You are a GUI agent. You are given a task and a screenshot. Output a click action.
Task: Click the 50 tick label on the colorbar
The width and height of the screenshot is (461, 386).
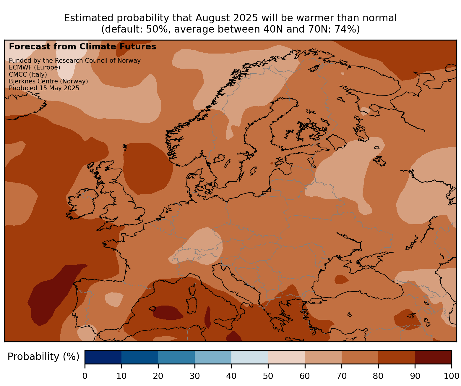[268, 376]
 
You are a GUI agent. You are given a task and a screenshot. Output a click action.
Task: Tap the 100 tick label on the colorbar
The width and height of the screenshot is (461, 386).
[451, 376]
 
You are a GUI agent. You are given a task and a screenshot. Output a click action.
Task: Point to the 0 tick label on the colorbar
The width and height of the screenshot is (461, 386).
[85, 376]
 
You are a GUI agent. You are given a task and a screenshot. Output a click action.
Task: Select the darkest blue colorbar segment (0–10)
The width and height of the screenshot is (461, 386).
[103, 357]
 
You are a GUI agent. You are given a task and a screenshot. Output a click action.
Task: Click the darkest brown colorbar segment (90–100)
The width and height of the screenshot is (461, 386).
[433, 357]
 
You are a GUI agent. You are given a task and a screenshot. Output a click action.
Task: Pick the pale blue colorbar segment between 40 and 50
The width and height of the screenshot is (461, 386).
[250, 357]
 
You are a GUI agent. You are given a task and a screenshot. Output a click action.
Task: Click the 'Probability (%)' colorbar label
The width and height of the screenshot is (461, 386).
[43, 357]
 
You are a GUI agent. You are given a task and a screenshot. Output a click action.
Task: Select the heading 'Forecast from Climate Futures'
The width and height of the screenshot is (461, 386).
[82, 47]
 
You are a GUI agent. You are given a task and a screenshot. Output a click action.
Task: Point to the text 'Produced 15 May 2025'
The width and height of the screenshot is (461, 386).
[44, 88]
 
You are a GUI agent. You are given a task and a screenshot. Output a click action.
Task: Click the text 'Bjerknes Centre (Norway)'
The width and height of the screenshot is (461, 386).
[48, 81]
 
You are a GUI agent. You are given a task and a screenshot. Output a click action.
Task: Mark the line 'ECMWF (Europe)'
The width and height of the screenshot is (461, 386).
[35, 67]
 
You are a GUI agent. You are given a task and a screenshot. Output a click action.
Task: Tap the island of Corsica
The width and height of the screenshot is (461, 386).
[193, 289]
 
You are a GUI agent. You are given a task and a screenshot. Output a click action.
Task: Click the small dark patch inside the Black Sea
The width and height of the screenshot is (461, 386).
[341, 279]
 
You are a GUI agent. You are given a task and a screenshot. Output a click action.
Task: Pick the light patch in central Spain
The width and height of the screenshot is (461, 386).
[114, 299]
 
